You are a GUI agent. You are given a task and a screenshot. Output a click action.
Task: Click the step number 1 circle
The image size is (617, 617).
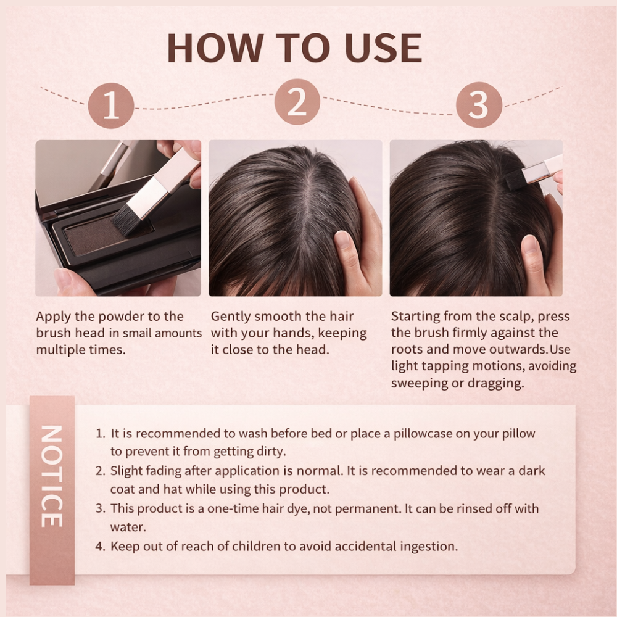click(x=111, y=106)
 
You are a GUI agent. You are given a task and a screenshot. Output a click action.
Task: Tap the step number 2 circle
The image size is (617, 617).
click(x=297, y=102)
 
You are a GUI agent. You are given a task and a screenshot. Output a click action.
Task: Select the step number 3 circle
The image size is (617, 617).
click(x=479, y=105)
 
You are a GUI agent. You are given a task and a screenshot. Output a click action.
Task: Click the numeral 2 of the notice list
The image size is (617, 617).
click(x=99, y=471)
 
